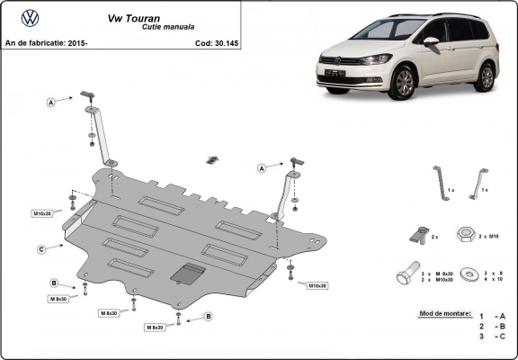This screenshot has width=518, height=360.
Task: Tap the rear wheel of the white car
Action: [x=487, y=76]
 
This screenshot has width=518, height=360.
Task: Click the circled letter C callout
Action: [x=42, y=249]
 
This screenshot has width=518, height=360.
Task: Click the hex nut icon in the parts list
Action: [x=467, y=234]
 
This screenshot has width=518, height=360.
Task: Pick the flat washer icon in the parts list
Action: [x=467, y=273]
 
